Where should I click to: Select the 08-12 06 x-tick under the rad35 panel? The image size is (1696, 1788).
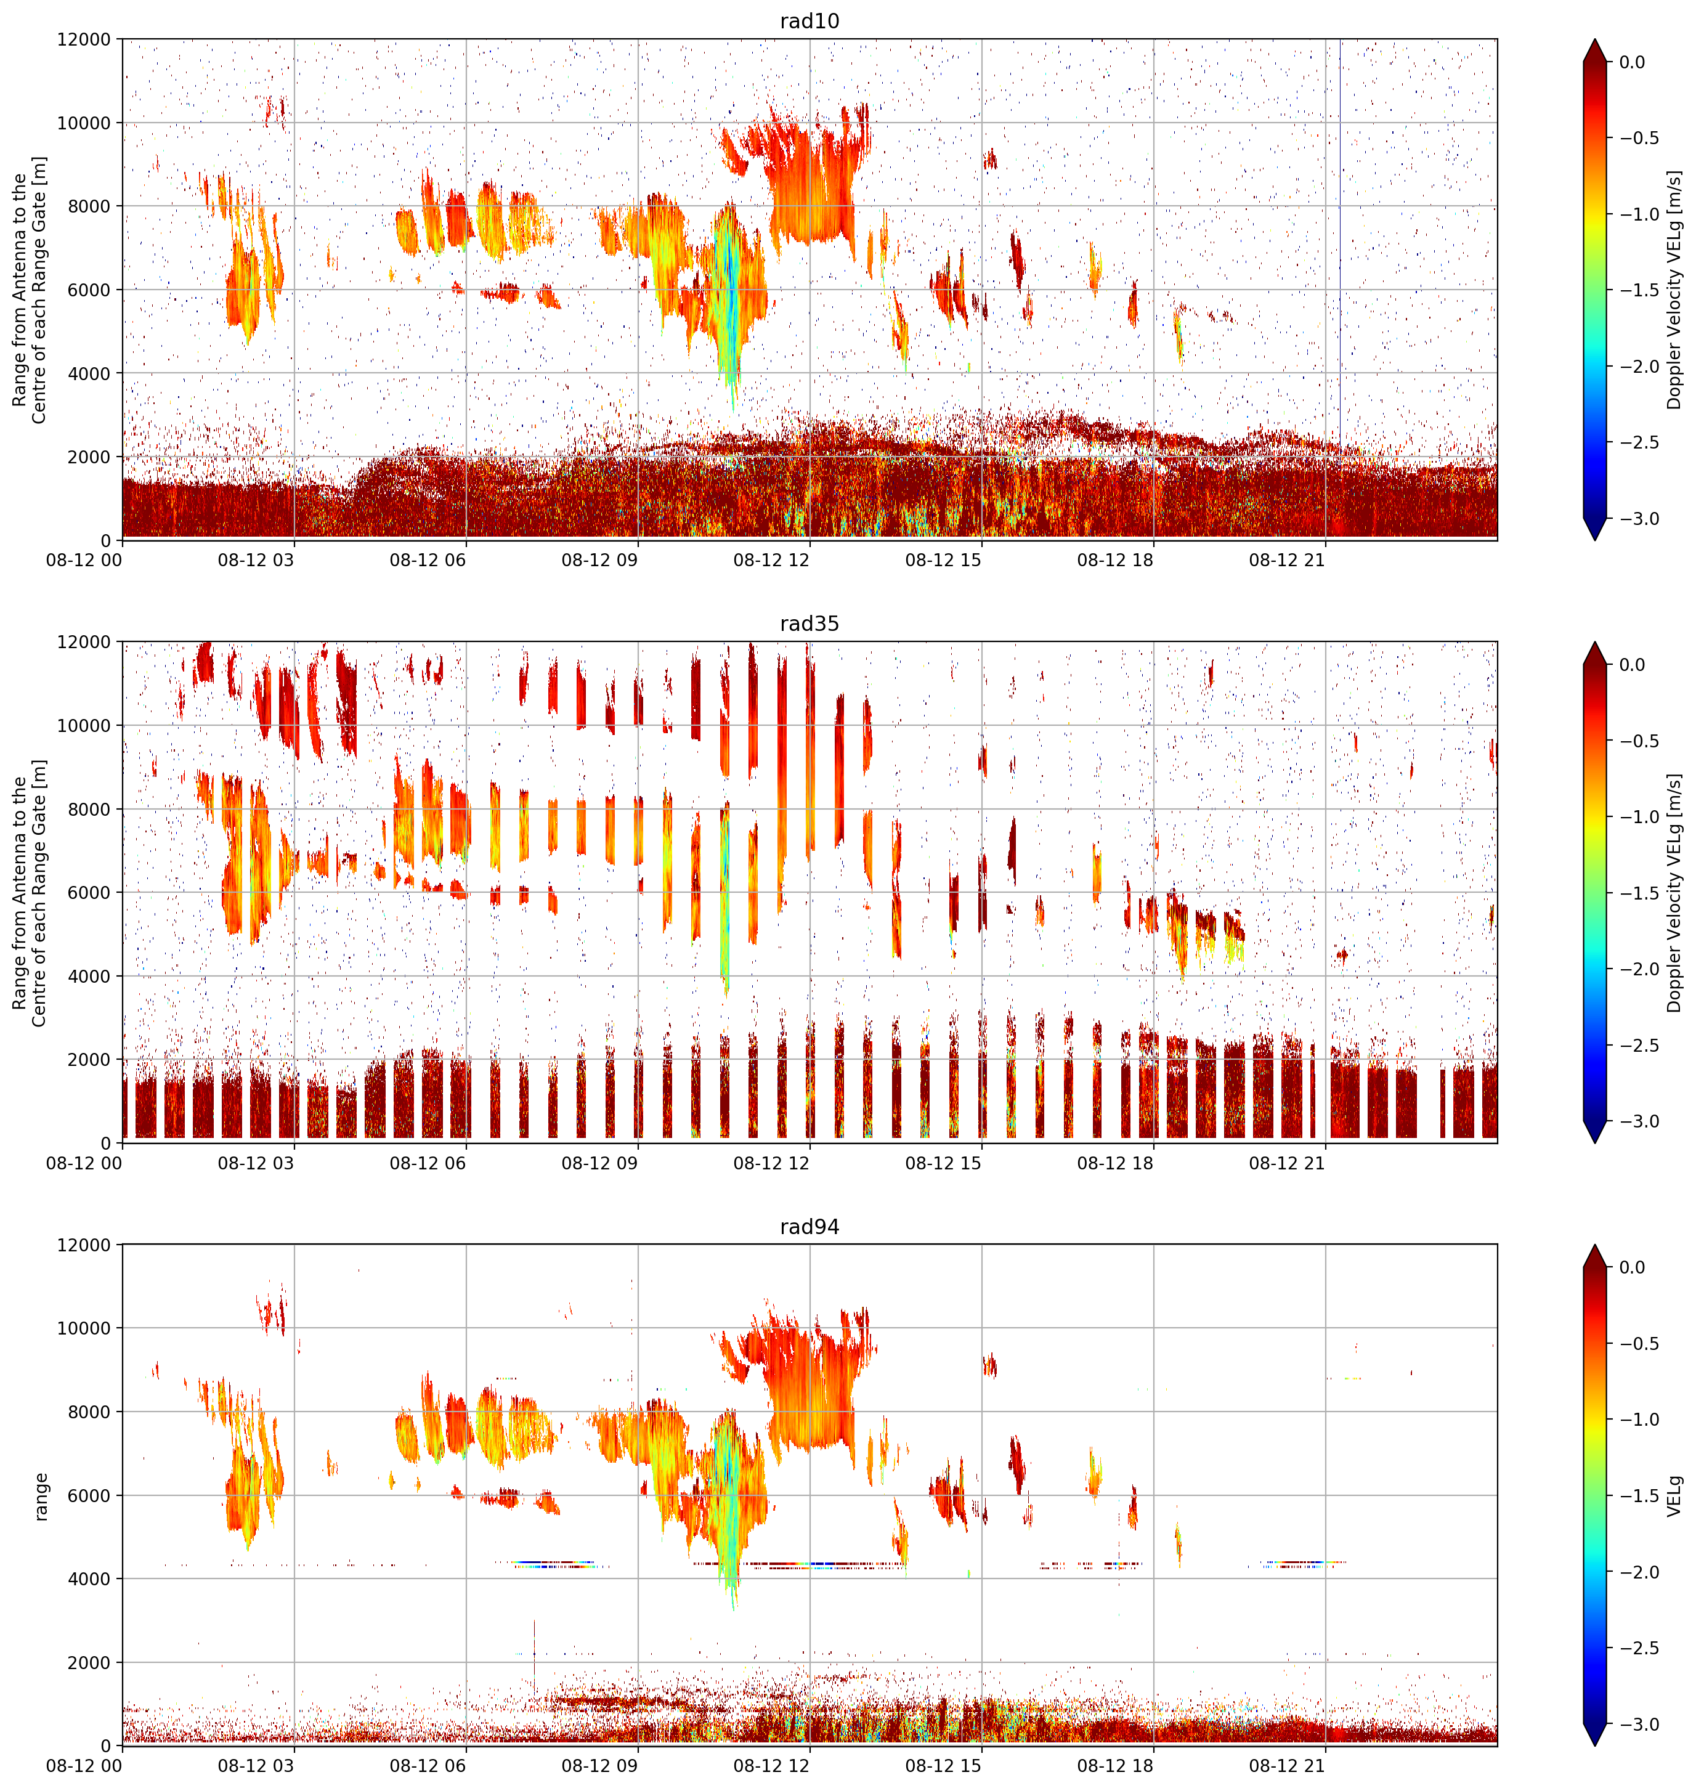coord(428,1163)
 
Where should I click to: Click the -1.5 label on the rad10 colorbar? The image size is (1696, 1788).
coord(1638,290)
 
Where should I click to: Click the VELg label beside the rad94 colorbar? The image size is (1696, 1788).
coord(1675,1496)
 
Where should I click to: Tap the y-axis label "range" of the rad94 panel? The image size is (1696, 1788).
coord(41,1496)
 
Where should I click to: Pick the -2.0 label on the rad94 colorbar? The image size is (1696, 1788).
coord(1638,1572)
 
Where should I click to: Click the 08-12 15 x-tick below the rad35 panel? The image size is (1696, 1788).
coord(943,1163)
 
